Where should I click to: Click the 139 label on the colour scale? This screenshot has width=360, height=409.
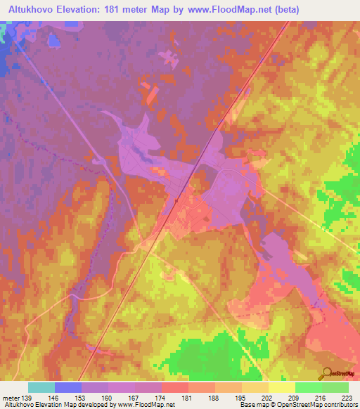25,398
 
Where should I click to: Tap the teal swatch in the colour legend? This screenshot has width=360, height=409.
41,387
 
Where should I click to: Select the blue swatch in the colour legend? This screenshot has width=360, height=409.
68,387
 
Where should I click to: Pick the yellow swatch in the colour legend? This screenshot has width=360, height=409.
282,387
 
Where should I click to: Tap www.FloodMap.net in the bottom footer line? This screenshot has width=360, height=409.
150,405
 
